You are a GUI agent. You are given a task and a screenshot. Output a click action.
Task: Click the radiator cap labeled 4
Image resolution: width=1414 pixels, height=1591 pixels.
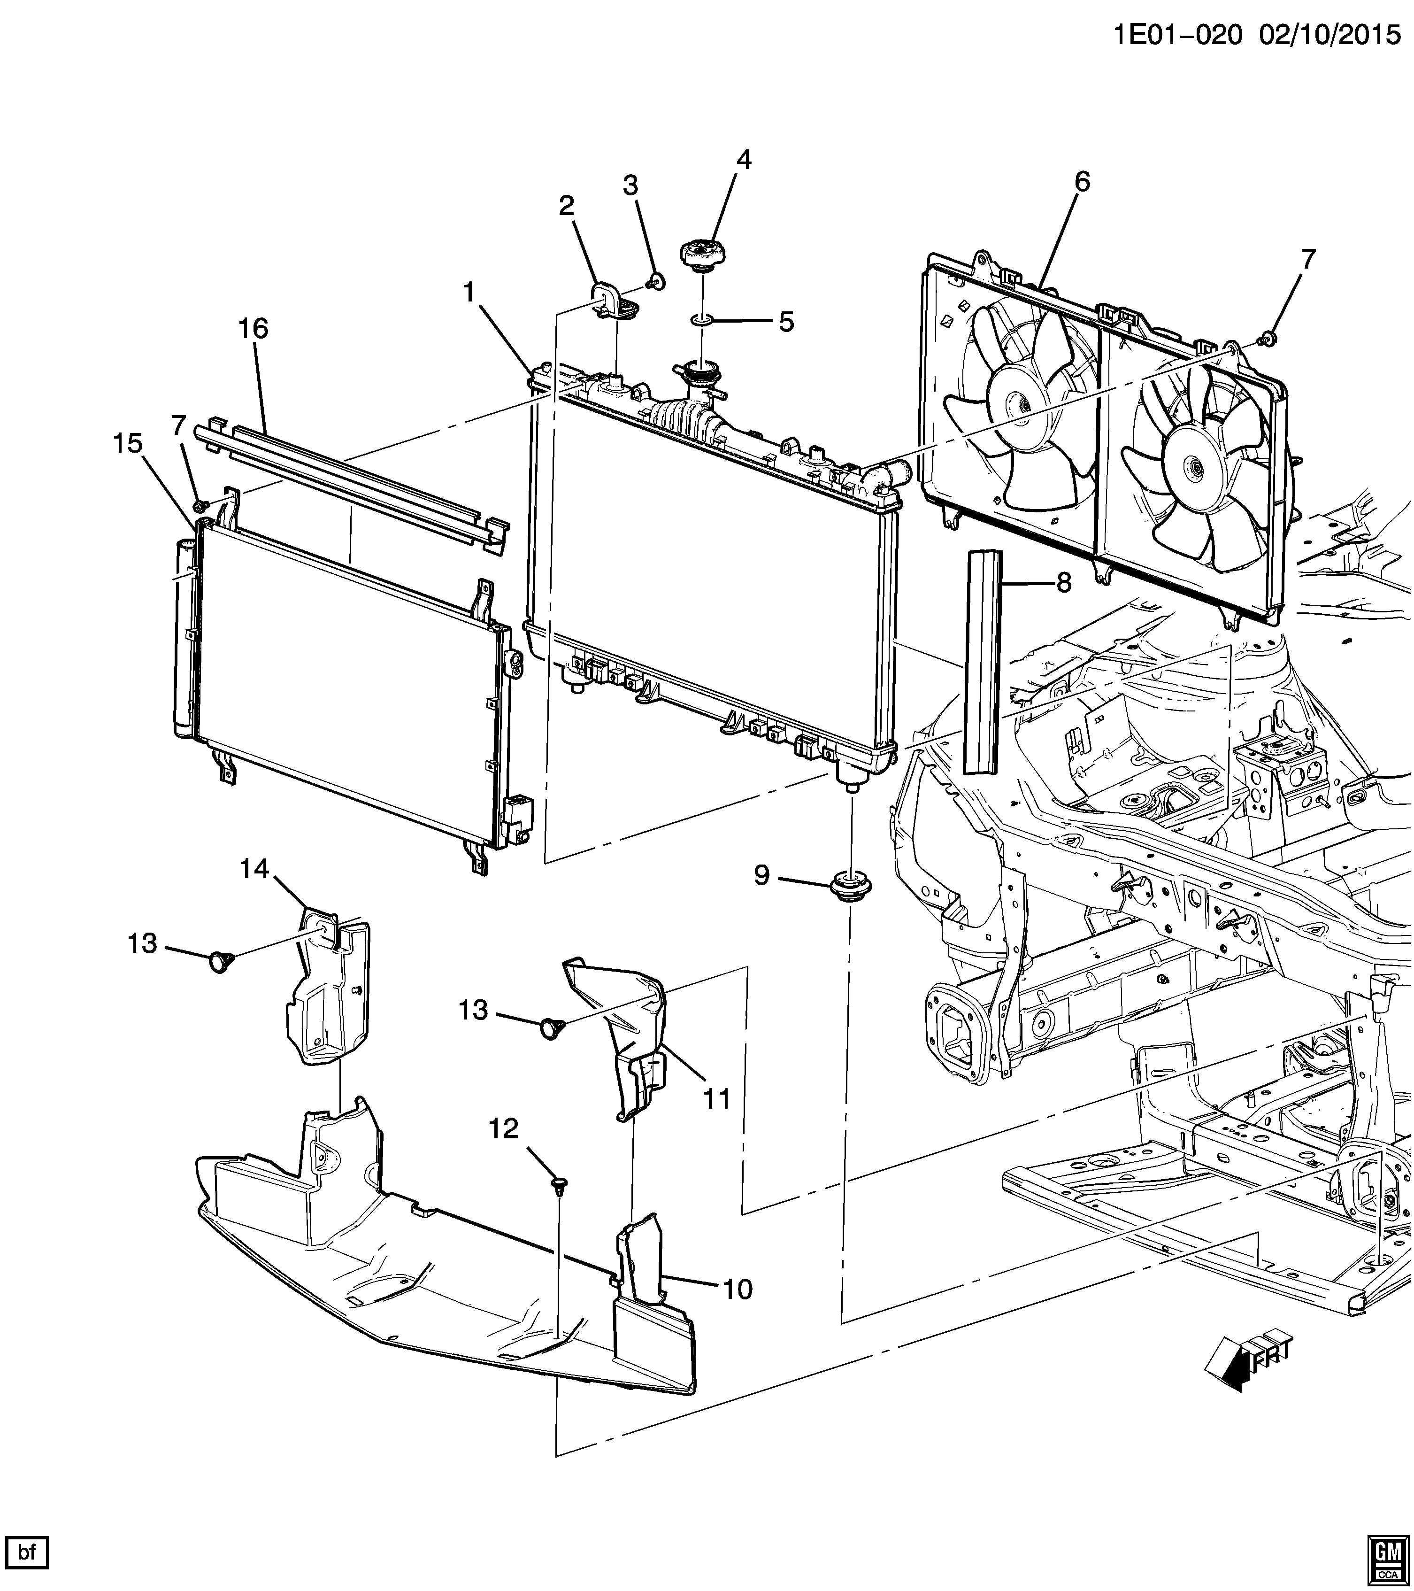702,255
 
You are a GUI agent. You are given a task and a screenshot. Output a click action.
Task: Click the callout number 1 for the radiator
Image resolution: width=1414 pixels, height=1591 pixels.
469,292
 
